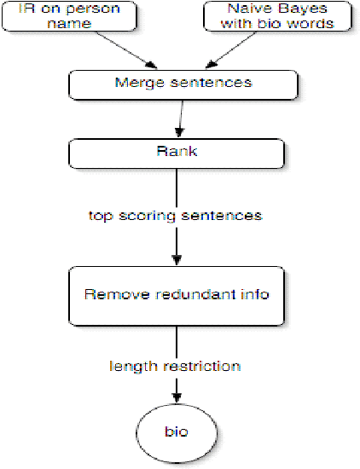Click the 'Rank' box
176,152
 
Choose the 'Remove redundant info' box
176,295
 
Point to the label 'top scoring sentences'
175,216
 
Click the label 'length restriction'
175,366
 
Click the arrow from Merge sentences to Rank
178,118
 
